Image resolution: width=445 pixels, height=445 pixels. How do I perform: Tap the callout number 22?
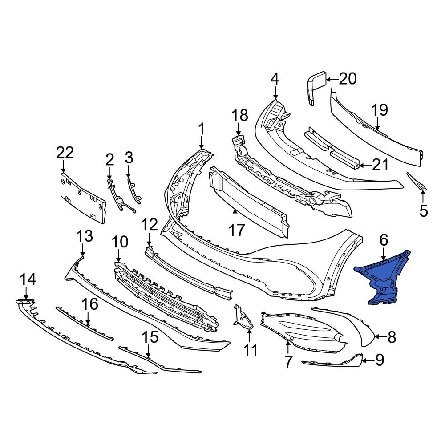(x=65, y=153)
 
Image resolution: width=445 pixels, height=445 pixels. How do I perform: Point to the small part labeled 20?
(x=316, y=89)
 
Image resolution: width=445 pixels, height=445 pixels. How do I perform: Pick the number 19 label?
(x=380, y=110)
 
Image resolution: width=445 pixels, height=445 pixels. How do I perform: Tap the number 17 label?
(x=237, y=230)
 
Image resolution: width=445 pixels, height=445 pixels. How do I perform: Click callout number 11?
(x=251, y=350)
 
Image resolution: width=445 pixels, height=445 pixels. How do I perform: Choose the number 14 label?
(x=28, y=280)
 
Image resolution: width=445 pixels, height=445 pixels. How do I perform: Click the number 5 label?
(x=423, y=210)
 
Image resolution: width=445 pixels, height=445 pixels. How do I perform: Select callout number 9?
(x=379, y=360)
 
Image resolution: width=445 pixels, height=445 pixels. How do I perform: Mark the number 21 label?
(x=380, y=166)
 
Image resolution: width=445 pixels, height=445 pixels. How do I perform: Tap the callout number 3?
(x=129, y=158)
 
